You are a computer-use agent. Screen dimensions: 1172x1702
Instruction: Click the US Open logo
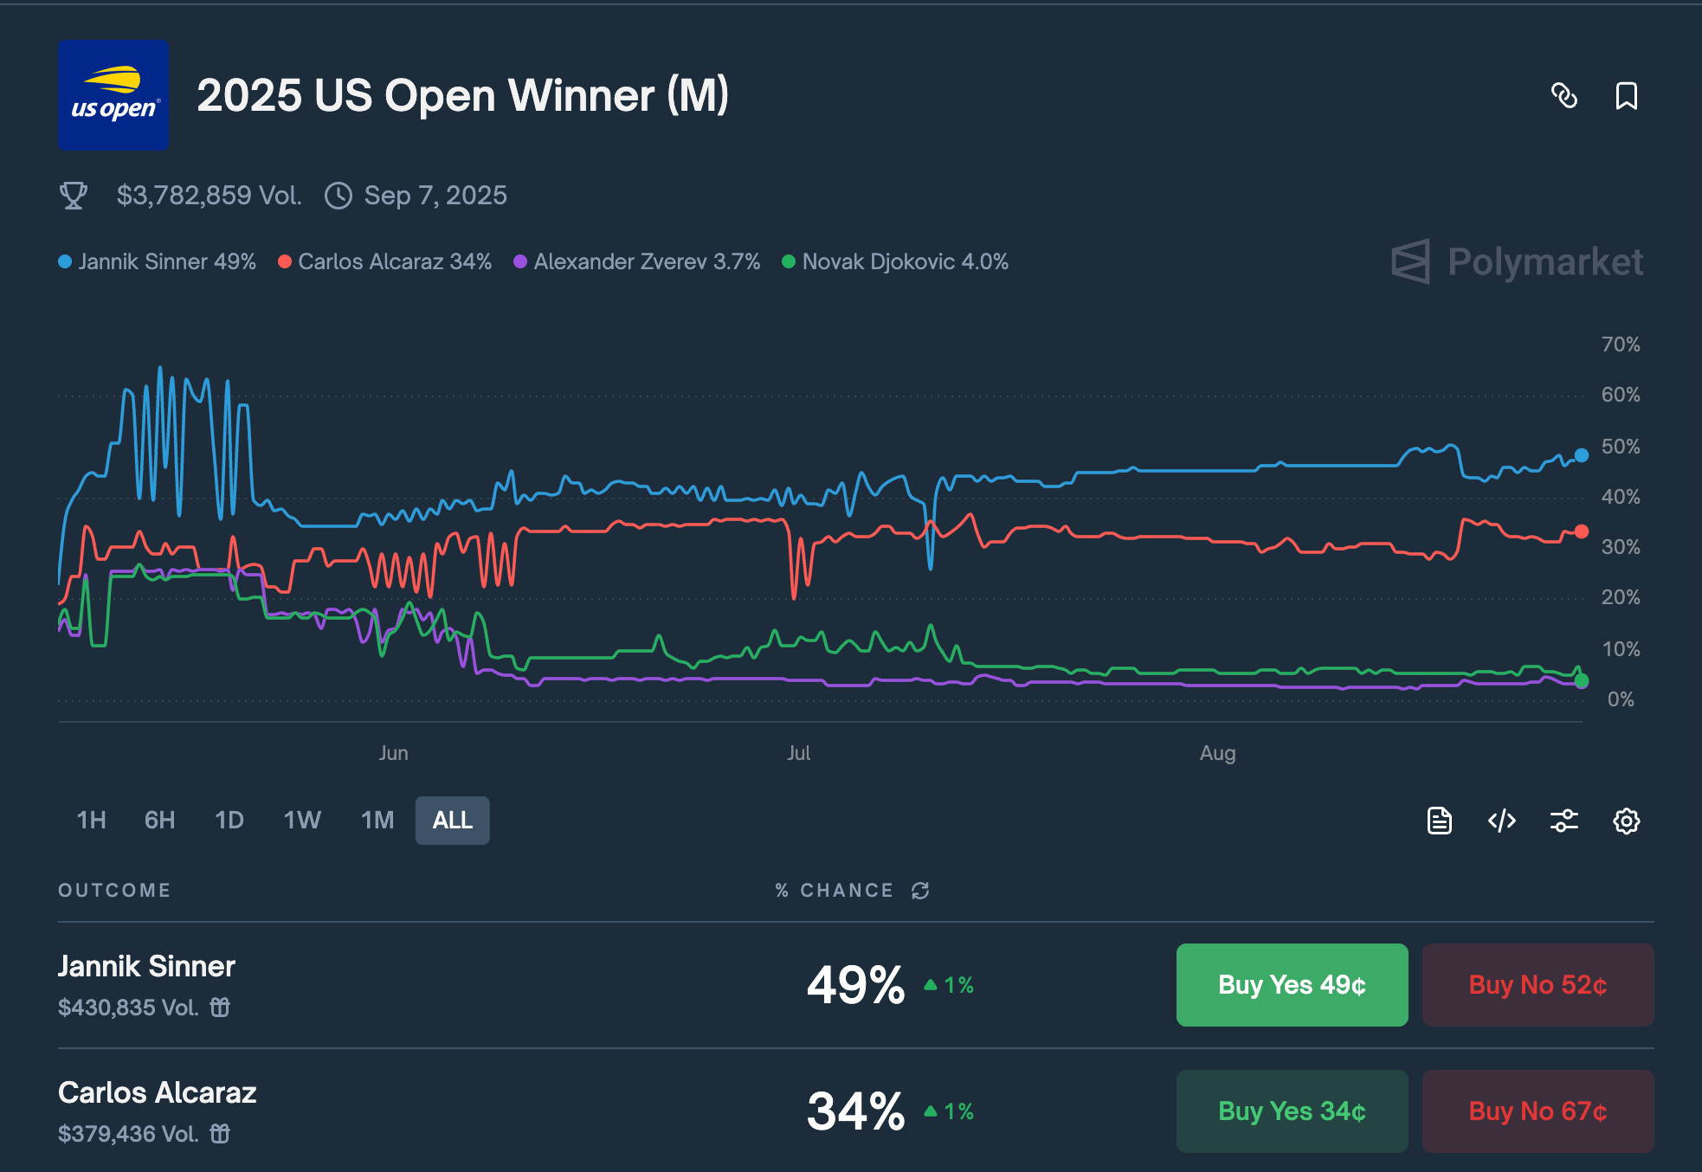click(x=113, y=95)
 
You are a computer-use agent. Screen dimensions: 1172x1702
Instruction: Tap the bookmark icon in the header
click(x=1626, y=96)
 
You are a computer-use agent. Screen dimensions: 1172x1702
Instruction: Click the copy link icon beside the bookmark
click(x=1563, y=96)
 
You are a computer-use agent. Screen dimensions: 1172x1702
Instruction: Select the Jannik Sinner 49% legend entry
click(x=158, y=261)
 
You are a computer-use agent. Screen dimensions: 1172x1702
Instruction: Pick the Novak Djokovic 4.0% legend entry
click(x=895, y=261)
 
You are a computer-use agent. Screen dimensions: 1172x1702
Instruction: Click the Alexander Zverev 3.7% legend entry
click(x=637, y=261)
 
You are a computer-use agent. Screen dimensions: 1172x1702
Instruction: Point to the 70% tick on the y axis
click(x=1620, y=345)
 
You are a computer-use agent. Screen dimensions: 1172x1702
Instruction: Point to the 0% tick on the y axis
click(x=1620, y=699)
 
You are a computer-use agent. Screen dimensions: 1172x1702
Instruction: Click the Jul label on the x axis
click(x=798, y=753)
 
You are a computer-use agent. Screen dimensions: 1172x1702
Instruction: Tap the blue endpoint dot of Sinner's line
click(x=1582, y=455)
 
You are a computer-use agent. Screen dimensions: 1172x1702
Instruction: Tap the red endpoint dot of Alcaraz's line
click(x=1582, y=531)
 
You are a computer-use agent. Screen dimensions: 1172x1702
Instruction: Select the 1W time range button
click(x=302, y=820)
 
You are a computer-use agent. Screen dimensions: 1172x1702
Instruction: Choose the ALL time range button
click(x=452, y=820)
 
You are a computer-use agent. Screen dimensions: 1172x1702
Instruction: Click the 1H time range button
click(x=91, y=820)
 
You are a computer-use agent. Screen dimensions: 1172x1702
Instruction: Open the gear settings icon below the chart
click(x=1626, y=821)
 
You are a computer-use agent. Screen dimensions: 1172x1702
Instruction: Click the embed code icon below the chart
click(x=1501, y=821)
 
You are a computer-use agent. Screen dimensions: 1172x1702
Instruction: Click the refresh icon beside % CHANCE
click(x=920, y=891)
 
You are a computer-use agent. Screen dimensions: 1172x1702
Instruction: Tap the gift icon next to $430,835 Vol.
click(x=220, y=1008)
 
